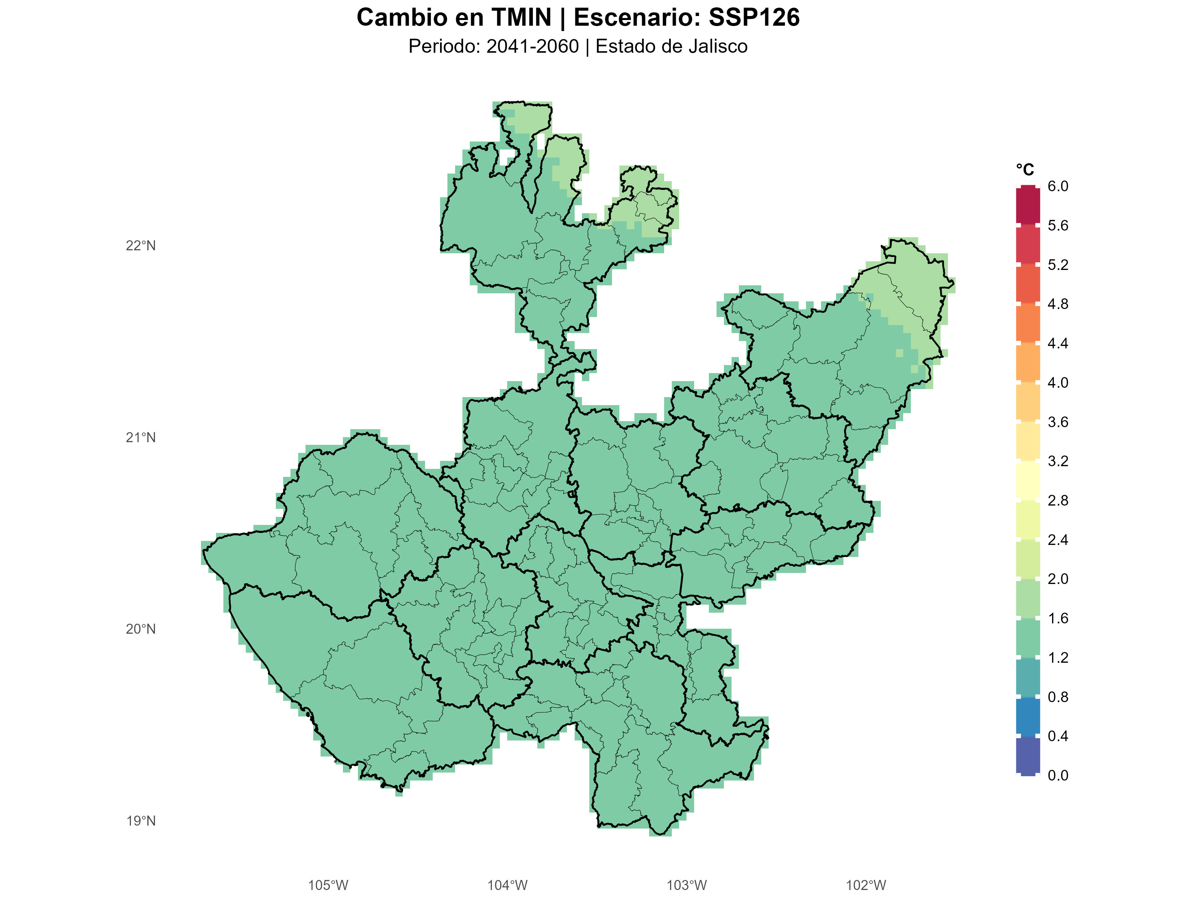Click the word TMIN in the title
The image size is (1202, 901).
(x=521, y=17)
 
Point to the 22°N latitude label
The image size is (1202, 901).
(x=141, y=246)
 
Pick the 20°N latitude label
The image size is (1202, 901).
(x=141, y=629)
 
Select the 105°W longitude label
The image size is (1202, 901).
(x=328, y=886)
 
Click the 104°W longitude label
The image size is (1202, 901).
(x=507, y=886)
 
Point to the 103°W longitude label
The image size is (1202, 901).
(x=687, y=886)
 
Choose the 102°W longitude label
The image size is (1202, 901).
(x=866, y=886)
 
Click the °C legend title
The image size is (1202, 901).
(x=1025, y=170)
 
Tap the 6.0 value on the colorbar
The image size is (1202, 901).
(x=1057, y=186)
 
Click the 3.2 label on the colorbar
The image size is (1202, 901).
(x=1057, y=461)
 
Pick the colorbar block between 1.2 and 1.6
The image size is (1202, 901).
(x=1028, y=638)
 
